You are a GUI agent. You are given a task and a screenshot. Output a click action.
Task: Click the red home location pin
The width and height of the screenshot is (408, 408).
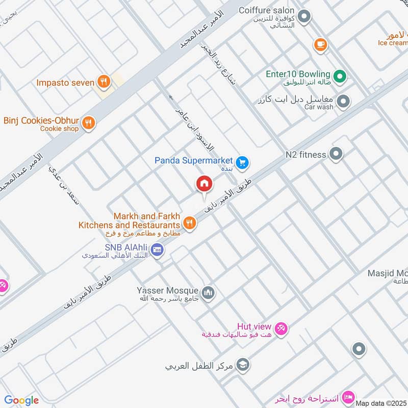[x=204, y=183]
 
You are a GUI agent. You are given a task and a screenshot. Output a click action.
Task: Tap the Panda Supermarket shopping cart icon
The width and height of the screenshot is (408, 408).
[x=242, y=162]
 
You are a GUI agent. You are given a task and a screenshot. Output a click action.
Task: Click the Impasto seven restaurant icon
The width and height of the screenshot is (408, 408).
[x=104, y=82]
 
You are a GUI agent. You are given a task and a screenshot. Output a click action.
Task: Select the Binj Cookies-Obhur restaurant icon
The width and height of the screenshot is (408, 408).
[x=89, y=122]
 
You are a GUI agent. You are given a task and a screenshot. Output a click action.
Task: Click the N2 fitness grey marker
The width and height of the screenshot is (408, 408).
[x=336, y=153]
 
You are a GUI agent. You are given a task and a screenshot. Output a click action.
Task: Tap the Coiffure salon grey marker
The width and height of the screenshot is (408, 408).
[x=304, y=18]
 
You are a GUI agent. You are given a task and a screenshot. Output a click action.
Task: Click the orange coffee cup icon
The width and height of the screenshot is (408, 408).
[x=320, y=44]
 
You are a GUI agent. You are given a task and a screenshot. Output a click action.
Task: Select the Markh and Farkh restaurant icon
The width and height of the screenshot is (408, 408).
[x=190, y=222]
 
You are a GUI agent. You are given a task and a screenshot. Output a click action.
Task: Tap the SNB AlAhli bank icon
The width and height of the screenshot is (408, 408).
[x=157, y=249]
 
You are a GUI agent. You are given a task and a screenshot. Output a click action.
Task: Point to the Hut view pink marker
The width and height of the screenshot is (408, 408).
[x=280, y=328]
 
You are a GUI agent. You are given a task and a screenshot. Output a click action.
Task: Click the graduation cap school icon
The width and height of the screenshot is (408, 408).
[x=243, y=365]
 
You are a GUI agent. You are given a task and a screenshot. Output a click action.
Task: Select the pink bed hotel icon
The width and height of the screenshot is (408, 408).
[x=348, y=396]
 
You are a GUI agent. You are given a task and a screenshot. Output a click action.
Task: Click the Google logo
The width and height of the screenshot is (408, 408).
[x=21, y=400]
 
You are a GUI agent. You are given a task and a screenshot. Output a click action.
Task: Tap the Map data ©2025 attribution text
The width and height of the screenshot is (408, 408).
[x=381, y=403]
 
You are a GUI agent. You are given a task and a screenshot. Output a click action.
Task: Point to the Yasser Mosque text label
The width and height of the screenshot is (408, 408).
[x=168, y=291]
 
